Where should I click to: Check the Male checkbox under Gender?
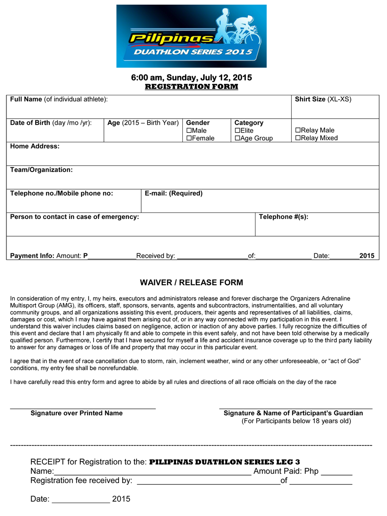point(189,131)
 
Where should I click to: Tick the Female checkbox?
point(189,138)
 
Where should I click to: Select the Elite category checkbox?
point(237,131)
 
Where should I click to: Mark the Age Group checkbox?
point(237,138)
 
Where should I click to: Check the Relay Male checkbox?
point(298,130)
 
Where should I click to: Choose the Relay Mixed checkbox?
point(298,138)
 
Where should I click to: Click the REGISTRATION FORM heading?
point(191,87)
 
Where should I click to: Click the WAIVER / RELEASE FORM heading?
point(191,283)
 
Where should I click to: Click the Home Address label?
point(35,146)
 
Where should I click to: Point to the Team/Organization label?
point(41,170)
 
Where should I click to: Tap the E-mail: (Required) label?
point(174,193)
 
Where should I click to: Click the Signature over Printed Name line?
point(83,408)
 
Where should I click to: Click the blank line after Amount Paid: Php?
point(336,474)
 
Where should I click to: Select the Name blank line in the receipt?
point(152,474)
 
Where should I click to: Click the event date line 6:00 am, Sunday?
point(191,77)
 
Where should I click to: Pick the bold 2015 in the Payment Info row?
point(367,256)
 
